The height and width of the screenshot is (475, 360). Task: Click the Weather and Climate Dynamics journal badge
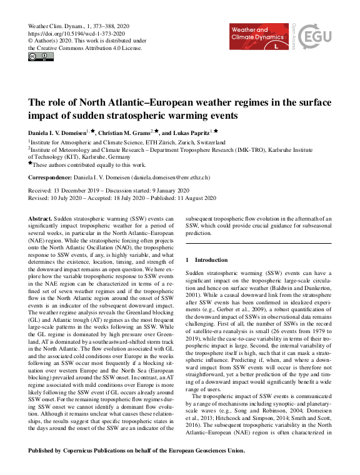tap(257, 36)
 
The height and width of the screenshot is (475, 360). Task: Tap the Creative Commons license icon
tap(41, 57)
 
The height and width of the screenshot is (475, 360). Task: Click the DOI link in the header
tap(77, 33)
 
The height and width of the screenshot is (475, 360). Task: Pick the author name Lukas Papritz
tap(192, 132)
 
